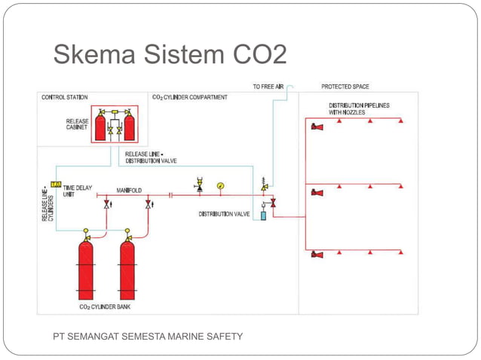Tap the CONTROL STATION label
(64, 97)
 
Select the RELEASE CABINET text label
(77, 124)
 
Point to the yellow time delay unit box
(55, 185)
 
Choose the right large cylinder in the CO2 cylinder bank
(131, 267)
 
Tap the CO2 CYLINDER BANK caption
(106, 307)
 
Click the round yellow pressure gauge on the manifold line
(220, 185)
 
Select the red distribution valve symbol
(273, 202)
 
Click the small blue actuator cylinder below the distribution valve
(263, 216)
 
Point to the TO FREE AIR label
(268, 87)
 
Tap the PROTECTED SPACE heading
(345, 87)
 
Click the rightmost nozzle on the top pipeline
(400, 121)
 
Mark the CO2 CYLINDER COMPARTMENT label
(190, 97)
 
